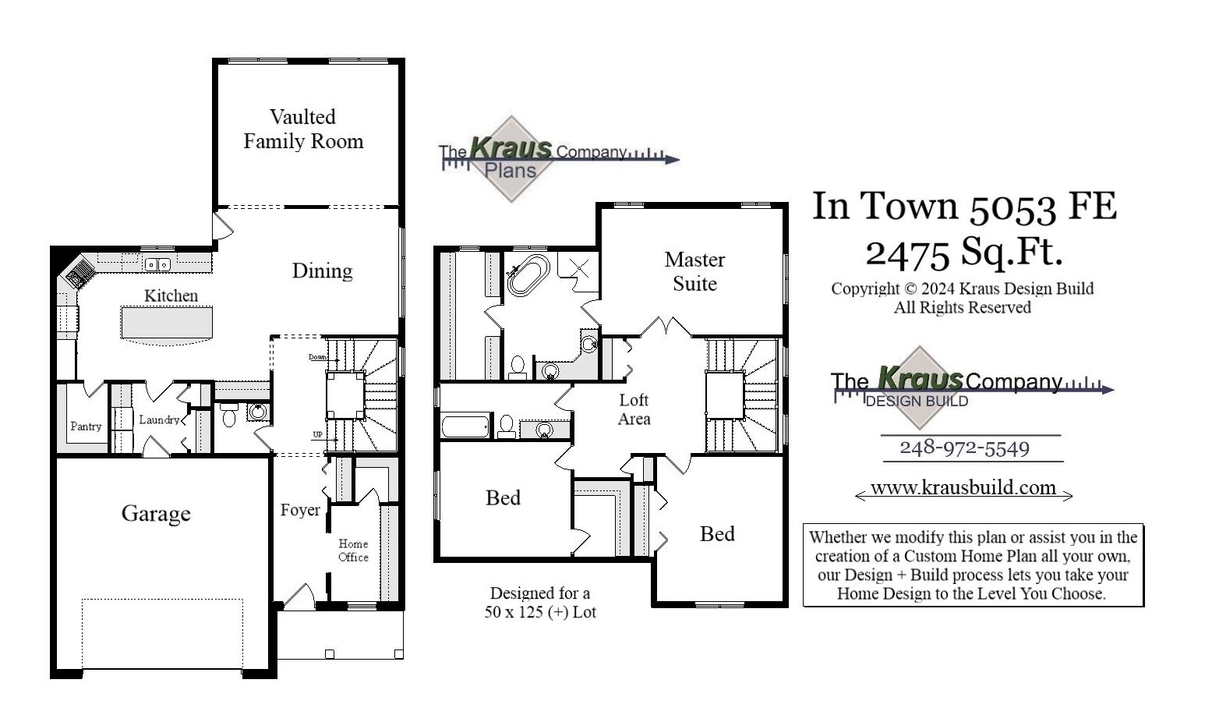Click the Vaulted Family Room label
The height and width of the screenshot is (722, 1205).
[303, 129]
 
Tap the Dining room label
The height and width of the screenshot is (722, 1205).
[322, 271]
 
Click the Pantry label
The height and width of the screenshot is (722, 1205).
[86, 426]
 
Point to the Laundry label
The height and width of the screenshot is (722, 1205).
[159, 419]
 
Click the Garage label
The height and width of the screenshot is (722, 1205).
[156, 513]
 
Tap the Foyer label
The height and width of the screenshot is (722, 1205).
[300, 510]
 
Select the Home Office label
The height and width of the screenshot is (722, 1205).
[353, 550]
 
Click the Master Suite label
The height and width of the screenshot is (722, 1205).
[694, 271]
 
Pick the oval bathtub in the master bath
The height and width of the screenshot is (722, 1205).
[528, 274]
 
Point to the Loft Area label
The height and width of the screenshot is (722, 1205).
[634, 409]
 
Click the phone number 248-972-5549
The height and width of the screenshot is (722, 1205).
[964, 448]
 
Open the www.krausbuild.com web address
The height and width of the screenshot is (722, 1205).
[963, 488]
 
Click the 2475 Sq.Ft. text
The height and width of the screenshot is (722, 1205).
[964, 252]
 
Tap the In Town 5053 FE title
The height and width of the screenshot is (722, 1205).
[964, 207]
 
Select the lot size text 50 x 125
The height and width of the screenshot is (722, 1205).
[540, 612]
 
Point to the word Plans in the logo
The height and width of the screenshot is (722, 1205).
[511, 171]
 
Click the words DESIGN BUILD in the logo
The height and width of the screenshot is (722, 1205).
[917, 402]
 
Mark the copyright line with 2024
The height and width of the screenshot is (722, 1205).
[962, 288]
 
